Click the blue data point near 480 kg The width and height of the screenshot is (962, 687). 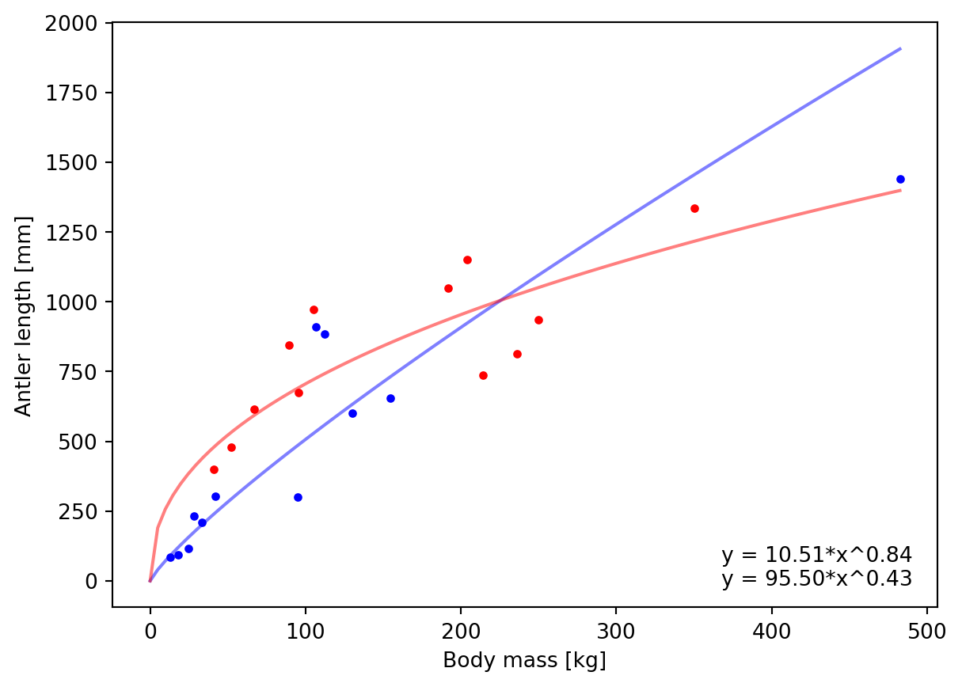tap(900, 179)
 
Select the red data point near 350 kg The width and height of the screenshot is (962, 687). tap(694, 208)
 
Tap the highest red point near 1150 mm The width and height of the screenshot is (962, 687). tap(467, 260)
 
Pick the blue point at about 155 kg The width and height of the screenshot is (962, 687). tap(390, 398)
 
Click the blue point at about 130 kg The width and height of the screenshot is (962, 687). tap(352, 413)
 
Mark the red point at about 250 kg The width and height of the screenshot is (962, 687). tap(538, 320)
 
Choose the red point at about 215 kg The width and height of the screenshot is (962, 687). tap(483, 375)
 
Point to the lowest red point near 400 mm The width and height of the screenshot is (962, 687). tap(214, 469)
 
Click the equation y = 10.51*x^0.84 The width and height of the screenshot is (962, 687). tap(816, 555)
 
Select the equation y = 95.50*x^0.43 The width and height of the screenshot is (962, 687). tap(816, 579)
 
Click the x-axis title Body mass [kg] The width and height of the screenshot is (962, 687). tap(524, 660)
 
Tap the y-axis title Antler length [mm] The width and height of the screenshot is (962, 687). tap(24, 315)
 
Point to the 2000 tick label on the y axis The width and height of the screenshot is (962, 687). tap(82, 24)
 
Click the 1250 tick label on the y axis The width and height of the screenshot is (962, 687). tap(82, 233)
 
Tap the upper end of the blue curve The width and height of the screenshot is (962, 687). tap(900, 48)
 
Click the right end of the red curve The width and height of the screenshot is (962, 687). tap(900, 190)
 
